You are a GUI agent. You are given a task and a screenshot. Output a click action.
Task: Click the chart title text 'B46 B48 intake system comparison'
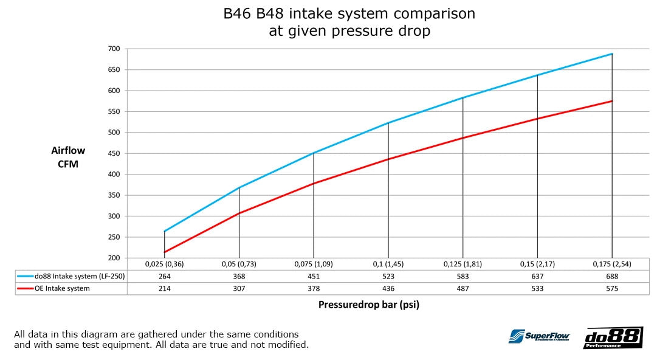tap(349, 13)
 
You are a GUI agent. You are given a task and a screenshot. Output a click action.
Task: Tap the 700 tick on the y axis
tap(114, 49)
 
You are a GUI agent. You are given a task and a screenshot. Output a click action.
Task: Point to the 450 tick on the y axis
tap(114, 153)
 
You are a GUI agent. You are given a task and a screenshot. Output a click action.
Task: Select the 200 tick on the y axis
tap(114, 258)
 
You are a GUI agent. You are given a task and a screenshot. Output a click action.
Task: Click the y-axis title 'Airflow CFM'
tap(68, 157)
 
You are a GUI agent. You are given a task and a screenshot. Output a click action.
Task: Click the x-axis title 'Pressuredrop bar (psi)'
tap(368, 305)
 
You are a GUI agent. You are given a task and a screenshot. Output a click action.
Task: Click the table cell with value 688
tap(611, 277)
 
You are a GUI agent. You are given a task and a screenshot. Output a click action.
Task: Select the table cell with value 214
tap(164, 289)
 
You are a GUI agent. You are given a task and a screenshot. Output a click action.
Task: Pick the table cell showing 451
tap(314, 277)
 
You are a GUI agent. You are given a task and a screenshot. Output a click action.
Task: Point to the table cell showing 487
tap(463, 289)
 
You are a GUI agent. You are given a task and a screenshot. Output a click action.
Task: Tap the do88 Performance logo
tap(613, 337)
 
